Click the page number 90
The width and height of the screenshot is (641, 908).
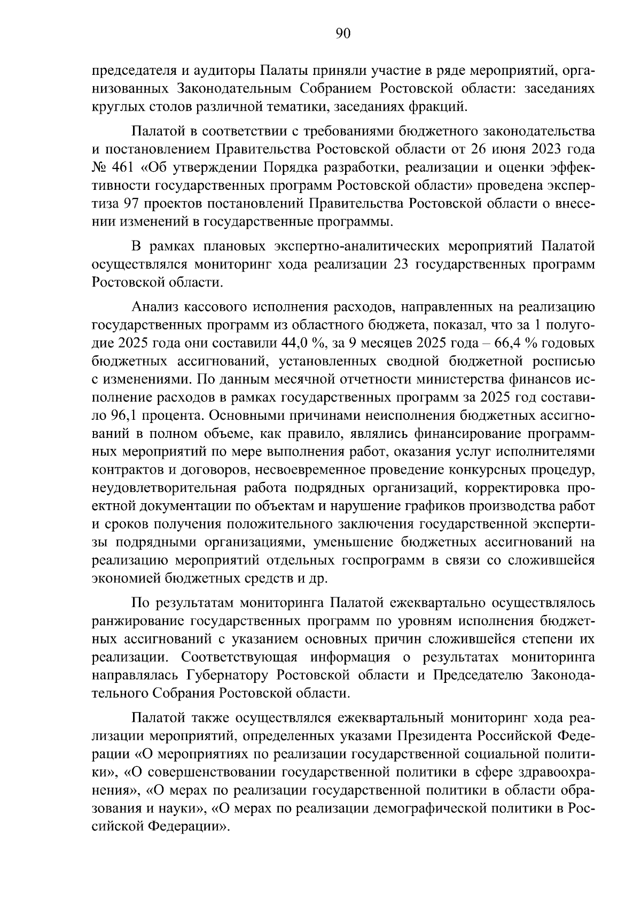pyautogui.click(x=343, y=34)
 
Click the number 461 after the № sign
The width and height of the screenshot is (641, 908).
pyautogui.click(x=125, y=167)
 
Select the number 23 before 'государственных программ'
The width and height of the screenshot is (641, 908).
pyautogui.click(x=401, y=264)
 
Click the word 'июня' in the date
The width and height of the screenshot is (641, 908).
pyautogui.click(x=513, y=149)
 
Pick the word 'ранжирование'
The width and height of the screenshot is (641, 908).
pyautogui.click(x=138, y=621)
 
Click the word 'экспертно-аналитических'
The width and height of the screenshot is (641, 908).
pyautogui.click(x=357, y=246)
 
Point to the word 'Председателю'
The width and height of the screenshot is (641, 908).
pyautogui.click(x=478, y=675)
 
